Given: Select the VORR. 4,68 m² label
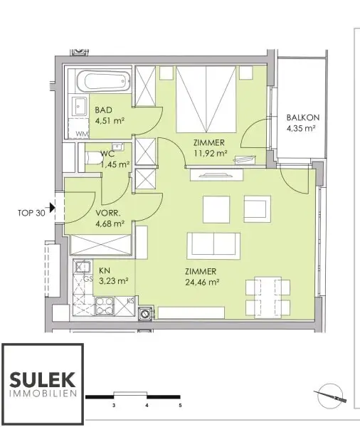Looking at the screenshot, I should tap(109, 217).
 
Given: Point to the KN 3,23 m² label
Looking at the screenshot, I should tap(112, 275).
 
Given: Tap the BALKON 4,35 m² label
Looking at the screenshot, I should tap(301, 123).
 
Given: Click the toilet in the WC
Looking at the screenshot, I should tap(91, 157).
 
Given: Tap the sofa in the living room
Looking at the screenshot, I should tap(212, 246).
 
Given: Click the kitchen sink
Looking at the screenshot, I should tap(83, 268).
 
